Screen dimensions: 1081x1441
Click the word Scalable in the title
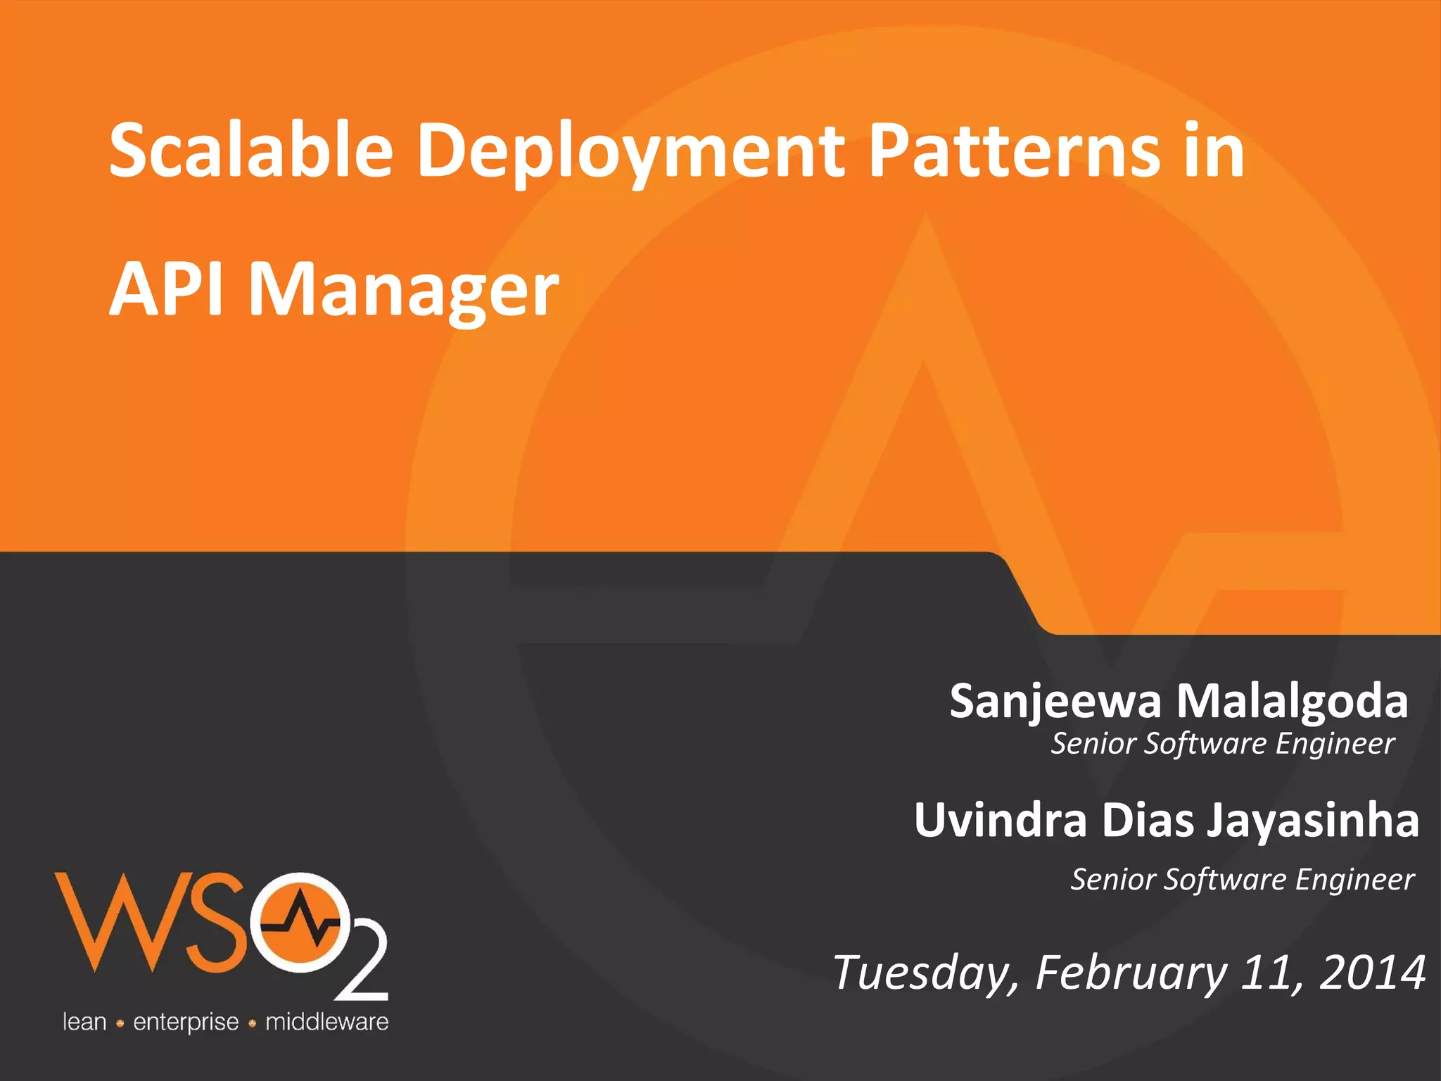[250, 150]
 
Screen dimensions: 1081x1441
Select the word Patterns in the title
[1014, 150]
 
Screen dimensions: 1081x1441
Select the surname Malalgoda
[1293, 702]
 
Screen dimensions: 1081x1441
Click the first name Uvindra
[1001, 821]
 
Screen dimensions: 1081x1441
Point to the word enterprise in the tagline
[186, 1023]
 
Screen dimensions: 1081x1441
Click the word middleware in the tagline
[326, 1022]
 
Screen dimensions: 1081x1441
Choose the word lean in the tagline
[84, 1022]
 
